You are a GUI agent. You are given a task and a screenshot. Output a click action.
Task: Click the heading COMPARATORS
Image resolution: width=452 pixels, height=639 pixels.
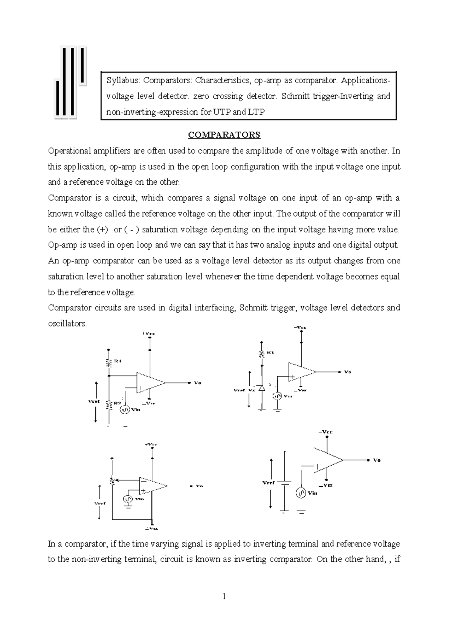(224, 135)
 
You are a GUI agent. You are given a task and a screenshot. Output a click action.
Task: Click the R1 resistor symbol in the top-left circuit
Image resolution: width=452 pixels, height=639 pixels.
(108, 363)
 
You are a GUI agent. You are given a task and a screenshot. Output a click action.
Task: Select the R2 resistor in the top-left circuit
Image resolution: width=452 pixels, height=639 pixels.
(108, 405)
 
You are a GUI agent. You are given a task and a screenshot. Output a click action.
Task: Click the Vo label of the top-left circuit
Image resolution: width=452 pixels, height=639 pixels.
(197, 383)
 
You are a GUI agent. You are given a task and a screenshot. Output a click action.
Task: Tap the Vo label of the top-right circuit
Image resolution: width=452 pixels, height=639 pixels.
(347, 372)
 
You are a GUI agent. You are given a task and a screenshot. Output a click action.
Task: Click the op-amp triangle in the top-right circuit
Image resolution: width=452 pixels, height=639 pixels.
(301, 372)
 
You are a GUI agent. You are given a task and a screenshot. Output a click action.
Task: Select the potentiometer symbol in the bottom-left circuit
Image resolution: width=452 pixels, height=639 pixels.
(112, 481)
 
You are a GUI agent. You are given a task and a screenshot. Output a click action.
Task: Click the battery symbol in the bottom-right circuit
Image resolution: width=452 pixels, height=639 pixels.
(285, 483)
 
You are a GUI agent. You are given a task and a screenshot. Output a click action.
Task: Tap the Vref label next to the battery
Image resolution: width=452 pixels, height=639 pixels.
(269, 482)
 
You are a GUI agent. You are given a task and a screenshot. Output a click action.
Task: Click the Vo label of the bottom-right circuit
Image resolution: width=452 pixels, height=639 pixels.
(377, 460)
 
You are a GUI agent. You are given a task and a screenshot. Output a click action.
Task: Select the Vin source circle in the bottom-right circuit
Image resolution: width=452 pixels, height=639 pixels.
(301, 493)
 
